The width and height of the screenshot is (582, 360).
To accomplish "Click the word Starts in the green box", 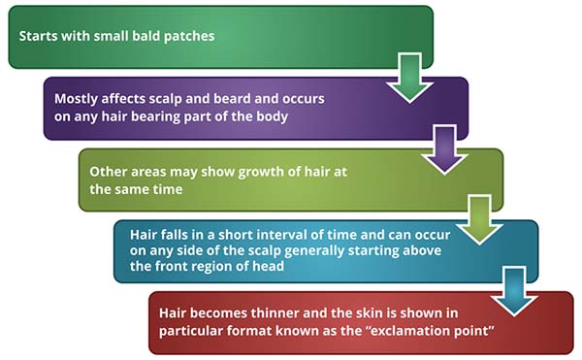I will pos(38,37).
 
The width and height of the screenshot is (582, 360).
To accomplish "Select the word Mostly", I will pos(76,98).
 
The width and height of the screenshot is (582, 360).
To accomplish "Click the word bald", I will pos(143,37).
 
